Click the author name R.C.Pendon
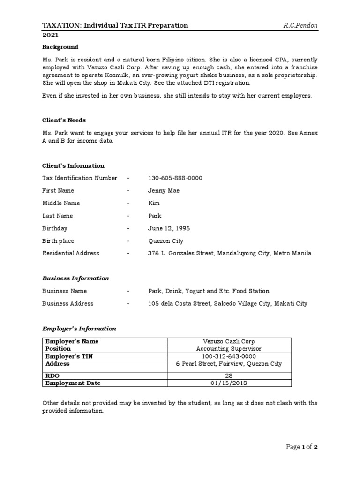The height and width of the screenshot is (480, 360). coord(300,25)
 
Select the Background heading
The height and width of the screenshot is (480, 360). coord(60,47)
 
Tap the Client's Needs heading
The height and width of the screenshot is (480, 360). coord(64,120)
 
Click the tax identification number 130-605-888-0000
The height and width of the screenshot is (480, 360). coord(175,178)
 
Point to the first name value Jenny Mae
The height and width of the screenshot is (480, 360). coord(164,191)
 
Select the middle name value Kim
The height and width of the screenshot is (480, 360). coord(154,203)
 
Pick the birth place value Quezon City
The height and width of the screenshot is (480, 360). coord(165,241)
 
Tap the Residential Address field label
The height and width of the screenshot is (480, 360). coord(71,253)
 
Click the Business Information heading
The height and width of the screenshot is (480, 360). coord(75,278)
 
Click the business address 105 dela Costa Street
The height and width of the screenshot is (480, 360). coord(228,304)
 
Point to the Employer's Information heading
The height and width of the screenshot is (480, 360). coord(79,329)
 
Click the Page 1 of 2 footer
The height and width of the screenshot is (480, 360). coord(302,447)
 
